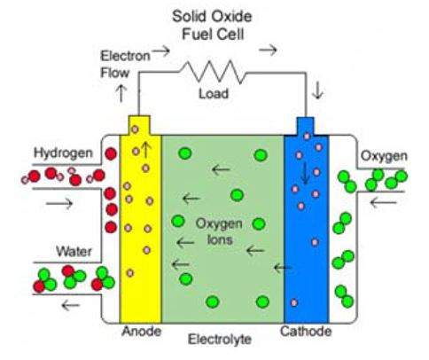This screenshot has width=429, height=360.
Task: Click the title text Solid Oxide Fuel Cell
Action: (x=212, y=26)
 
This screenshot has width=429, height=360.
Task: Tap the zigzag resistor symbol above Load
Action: (x=212, y=71)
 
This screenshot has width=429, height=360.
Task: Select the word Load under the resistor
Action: (x=214, y=94)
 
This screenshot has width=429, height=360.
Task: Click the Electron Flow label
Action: (x=125, y=64)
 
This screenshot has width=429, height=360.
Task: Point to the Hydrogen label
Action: (x=63, y=153)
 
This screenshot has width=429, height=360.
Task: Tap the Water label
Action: (x=74, y=252)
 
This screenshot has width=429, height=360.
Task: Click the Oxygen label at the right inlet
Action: (x=384, y=156)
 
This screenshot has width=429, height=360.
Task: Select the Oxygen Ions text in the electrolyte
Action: (x=219, y=231)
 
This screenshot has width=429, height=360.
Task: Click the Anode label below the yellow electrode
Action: (x=141, y=332)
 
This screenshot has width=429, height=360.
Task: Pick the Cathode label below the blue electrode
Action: (x=306, y=332)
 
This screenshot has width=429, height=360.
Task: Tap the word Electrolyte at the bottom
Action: (x=220, y=339)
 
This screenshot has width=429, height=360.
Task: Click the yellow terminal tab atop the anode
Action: (x=139, y=125)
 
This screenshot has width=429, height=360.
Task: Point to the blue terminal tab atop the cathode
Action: (x=305, y=127)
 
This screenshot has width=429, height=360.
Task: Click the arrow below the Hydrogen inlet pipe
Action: (x=59, y=203)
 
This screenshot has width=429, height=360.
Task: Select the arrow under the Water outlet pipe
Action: (x=71, y=305)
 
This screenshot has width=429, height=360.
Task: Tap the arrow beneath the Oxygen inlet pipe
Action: (x=383, y=202)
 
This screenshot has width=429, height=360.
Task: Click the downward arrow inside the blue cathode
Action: (x=305, y=173)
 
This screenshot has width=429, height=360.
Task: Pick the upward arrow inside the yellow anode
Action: (x=146, y=150)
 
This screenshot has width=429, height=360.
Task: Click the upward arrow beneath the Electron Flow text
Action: (x=121, y=93)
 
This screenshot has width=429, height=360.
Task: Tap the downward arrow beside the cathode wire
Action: (x=317, y=90)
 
